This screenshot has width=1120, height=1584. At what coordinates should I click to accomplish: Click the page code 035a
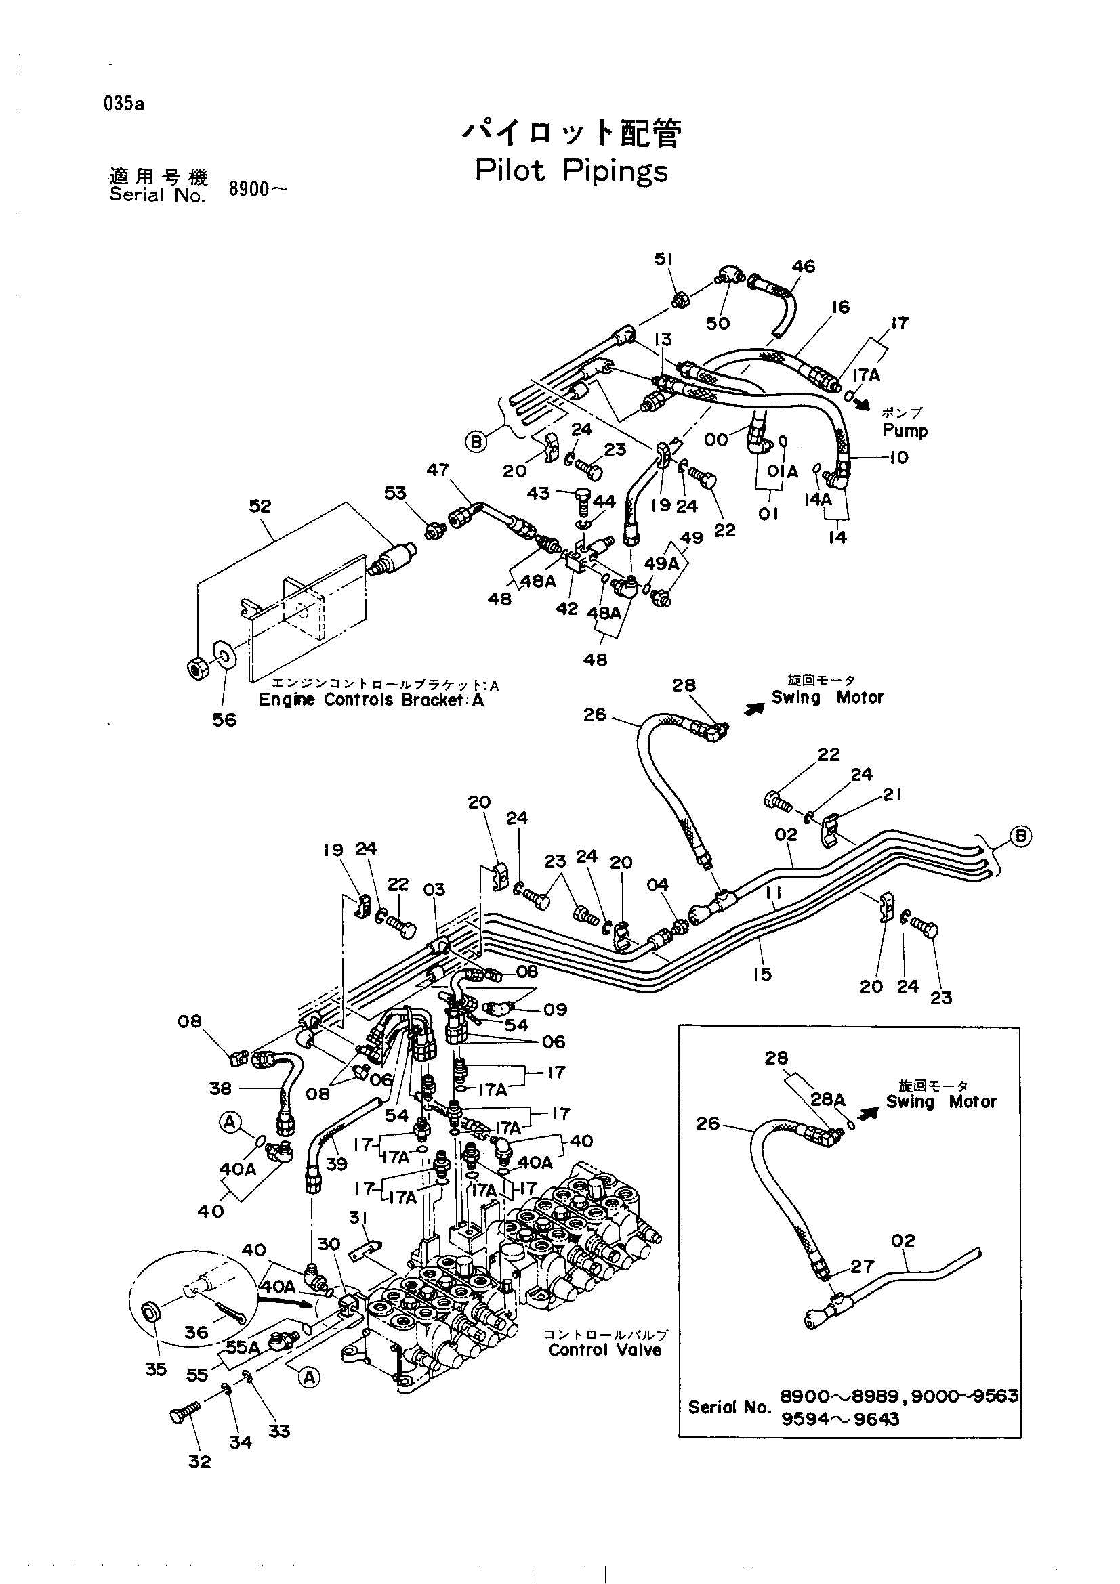pyautogui.click(x=124, y=104)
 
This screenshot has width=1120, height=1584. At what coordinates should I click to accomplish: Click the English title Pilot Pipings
pyautogui.click(x=571, y=171)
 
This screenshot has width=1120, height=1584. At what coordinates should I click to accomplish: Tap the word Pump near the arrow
pyautogui.click(x=905, y=431)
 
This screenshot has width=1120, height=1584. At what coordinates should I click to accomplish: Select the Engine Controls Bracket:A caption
pyautogui.click(x=371, y=700)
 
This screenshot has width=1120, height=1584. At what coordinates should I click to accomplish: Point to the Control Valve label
pyautogui.click(x=605, y=1350)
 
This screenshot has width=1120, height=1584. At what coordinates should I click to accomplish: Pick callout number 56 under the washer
pyautogui.click(x=224, y=720)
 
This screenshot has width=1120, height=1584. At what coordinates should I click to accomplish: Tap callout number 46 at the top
pyautogui.click(x=804, y=266)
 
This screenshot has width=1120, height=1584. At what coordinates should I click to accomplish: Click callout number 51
pyautogui.click(x=664, y=259)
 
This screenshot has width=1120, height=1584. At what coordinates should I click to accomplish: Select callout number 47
pyautogui.click(x=438, y=470)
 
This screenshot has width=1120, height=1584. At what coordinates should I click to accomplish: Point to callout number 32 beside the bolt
pyautogui.click(x=199, y=1461)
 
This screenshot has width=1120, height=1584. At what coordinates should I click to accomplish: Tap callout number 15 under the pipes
pyautogui.click(x=762, y=974)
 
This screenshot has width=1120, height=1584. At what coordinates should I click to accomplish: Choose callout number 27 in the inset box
pyautogui.click(x=863, y=1266)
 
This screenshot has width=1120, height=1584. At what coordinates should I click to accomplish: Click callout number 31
pyautogui.click(x=358, y=1218)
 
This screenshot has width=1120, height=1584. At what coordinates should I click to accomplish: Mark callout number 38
pyautogui.click(x=220, y=1088)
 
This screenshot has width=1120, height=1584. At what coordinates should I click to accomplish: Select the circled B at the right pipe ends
pyautogui.click(x=1021, y=837)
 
